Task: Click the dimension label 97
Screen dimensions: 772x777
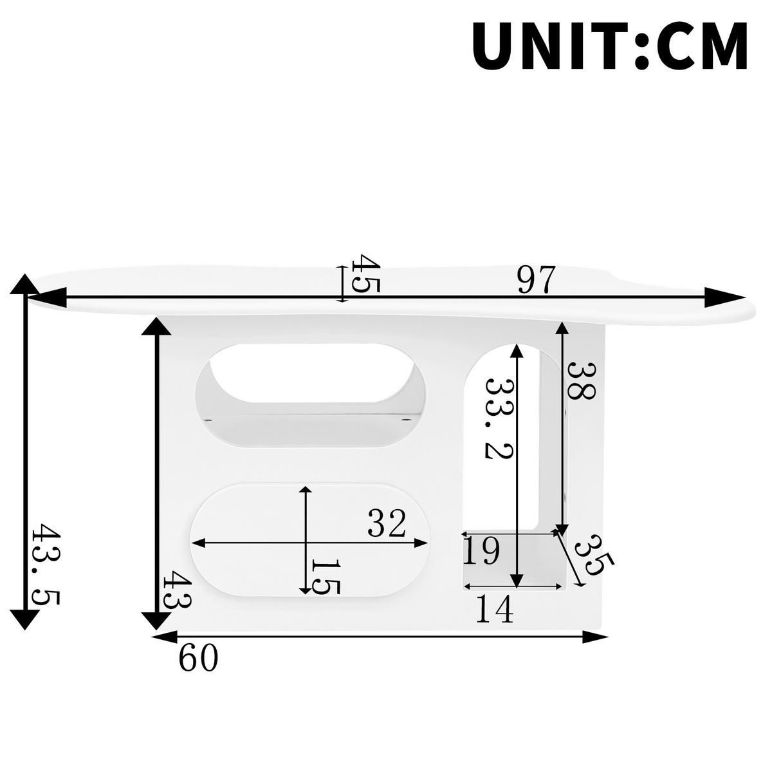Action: point(535,279)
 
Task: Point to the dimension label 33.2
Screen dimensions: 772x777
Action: point(499,418)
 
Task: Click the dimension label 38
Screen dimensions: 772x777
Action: point(581,380)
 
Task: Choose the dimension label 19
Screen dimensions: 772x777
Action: point(481,551)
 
